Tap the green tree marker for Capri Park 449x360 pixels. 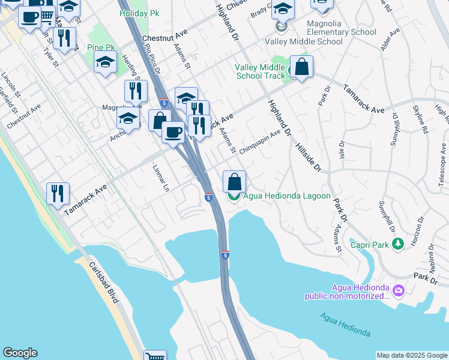[x=397, y=244]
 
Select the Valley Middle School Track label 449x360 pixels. [x=261, y=71]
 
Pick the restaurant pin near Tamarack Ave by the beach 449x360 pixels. [x=58, y=193]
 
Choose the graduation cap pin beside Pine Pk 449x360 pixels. [x=105, y=62]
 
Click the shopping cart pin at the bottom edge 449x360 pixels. [x=155, y=356]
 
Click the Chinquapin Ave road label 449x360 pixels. [x=260, y=143]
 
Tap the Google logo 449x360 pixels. [x=20, y=353]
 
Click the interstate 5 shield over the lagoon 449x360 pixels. [x=225, y=254]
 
